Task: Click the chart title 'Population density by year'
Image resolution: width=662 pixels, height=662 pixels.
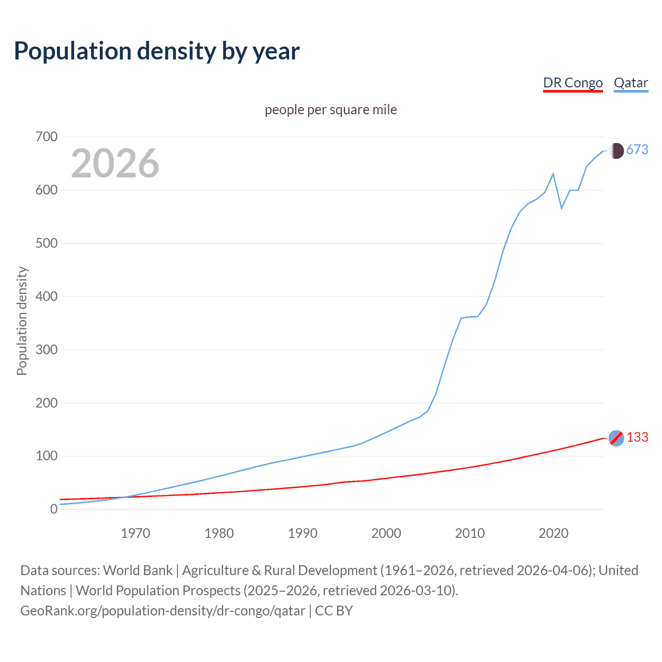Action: [x=157, y=51]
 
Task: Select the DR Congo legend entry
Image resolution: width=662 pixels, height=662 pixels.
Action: [x=573, y=83]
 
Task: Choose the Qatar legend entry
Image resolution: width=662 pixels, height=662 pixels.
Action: [x=630, y=83]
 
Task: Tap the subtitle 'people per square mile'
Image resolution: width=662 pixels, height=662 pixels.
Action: [x=330, y=110]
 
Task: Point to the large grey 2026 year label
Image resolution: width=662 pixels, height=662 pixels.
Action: [x=115, y=163]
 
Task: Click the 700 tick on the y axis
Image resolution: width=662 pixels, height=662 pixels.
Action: [x=46, y=137]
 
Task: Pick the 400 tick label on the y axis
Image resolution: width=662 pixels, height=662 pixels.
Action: [x=46, y=296]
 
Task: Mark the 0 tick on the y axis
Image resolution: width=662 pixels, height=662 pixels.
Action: [x=53, y=509]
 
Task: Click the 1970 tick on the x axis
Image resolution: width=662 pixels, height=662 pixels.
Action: [x=136, y=533]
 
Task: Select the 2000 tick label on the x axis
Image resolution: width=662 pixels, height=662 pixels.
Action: [x=386, y=533]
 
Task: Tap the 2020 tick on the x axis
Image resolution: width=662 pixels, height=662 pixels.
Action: [x=553, y=533]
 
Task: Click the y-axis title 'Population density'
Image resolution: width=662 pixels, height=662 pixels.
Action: [x=22, y=321]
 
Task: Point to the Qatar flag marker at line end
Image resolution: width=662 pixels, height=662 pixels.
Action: [x=616, y=151]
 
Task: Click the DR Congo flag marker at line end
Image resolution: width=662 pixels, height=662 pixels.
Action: [x=616, y=438]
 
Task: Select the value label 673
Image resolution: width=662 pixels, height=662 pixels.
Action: [x=637, y=149]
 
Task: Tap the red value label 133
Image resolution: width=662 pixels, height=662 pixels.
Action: [x=637, y=438]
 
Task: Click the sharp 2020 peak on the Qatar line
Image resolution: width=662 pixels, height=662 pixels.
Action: [x=553, y=174]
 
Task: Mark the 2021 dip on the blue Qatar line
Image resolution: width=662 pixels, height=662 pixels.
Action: [x=562, y=208]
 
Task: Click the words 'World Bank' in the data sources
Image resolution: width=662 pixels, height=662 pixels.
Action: [x=138, y=570]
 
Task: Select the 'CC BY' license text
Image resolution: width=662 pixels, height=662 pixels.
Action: [x=334, y=610]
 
